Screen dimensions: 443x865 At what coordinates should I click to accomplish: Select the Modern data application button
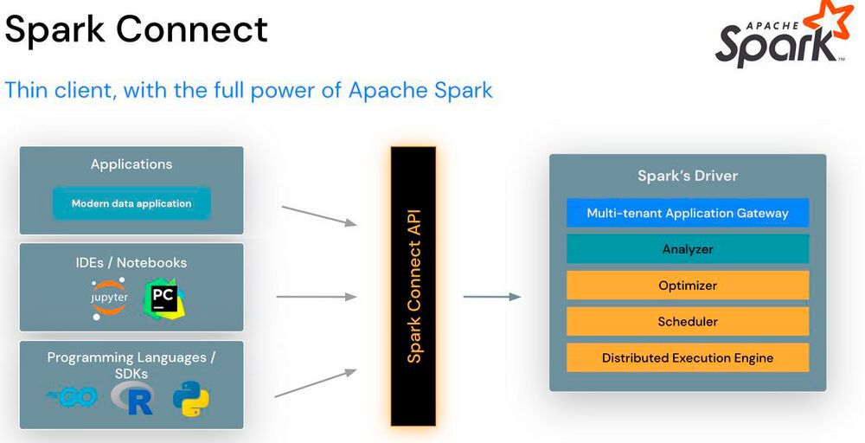131,204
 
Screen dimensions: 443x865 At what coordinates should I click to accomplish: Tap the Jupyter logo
110,298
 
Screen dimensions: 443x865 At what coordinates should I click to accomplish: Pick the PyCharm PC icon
163,299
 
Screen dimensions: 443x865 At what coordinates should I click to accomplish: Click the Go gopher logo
73,397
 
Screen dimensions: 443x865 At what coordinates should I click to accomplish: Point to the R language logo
132,398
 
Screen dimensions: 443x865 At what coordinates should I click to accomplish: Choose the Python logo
190,398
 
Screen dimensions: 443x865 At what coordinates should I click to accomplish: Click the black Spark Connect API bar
413,286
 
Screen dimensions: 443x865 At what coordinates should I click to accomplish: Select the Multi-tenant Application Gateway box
688,213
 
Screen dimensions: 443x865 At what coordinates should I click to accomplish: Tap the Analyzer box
688,249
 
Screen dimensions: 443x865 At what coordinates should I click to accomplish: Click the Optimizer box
688,286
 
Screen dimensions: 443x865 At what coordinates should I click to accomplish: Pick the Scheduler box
688,322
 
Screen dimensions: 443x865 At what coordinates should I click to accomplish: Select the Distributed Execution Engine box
688,358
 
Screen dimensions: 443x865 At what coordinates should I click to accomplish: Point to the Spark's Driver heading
688,176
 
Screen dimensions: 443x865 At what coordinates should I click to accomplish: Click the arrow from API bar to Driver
491,297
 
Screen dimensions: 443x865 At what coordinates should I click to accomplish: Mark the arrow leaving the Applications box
319,215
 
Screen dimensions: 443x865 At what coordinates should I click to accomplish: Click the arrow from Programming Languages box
316,383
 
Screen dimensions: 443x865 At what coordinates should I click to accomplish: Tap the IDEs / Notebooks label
131,262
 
